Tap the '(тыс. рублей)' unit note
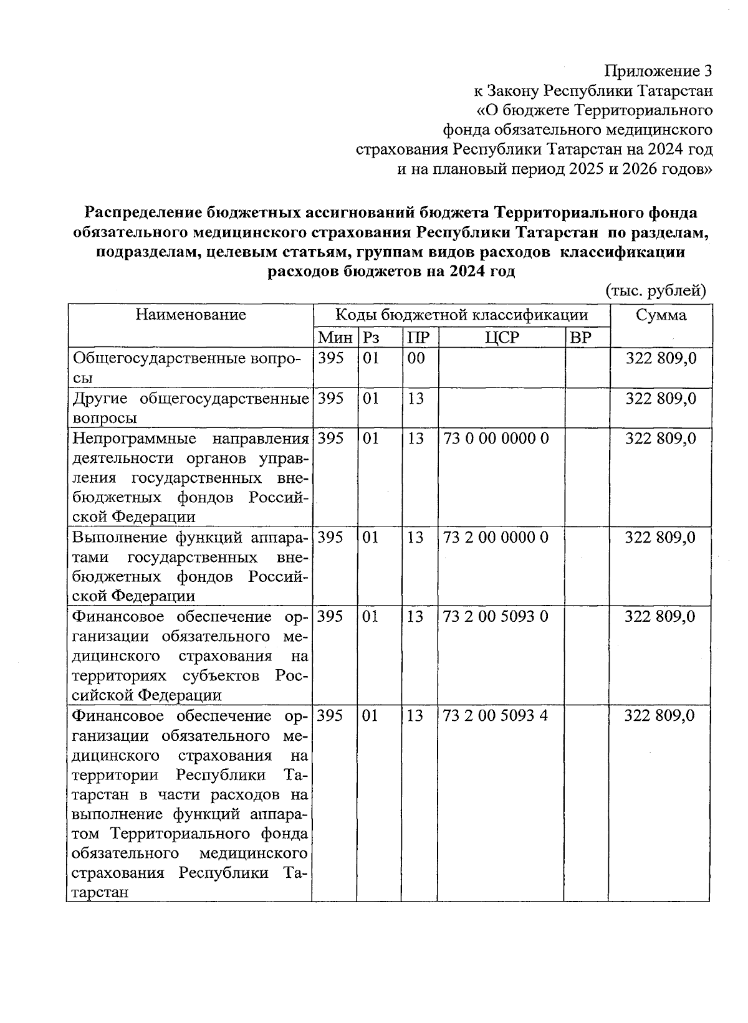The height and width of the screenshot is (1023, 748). (x=656, y=290)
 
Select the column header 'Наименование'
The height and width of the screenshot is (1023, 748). (x=191, y=315)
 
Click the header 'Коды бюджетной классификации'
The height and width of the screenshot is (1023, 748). (x=461, y=315)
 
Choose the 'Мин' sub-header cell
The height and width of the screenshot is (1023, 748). (x=335, y=338)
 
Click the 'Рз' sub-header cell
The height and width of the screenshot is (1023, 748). (x=372, y=338)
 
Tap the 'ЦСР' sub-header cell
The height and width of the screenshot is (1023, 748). (x=502, y=338)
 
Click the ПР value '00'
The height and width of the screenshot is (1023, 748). (x=416, y=358)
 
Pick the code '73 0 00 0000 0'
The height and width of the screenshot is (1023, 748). (x=496, y=439)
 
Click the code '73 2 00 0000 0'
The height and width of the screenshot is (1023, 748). (x=496, y=537)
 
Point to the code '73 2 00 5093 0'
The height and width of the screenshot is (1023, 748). (x=496, y=616)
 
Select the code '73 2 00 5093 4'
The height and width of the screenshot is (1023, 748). (x=496, y=715)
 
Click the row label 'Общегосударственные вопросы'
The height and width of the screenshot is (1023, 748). (x=187, y=368)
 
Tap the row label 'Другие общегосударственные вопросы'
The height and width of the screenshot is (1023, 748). (x=191, y=407)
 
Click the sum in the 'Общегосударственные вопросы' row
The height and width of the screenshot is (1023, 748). (x=661, y=359)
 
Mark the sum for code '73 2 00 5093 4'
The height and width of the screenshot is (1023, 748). (x=660, y=715)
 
